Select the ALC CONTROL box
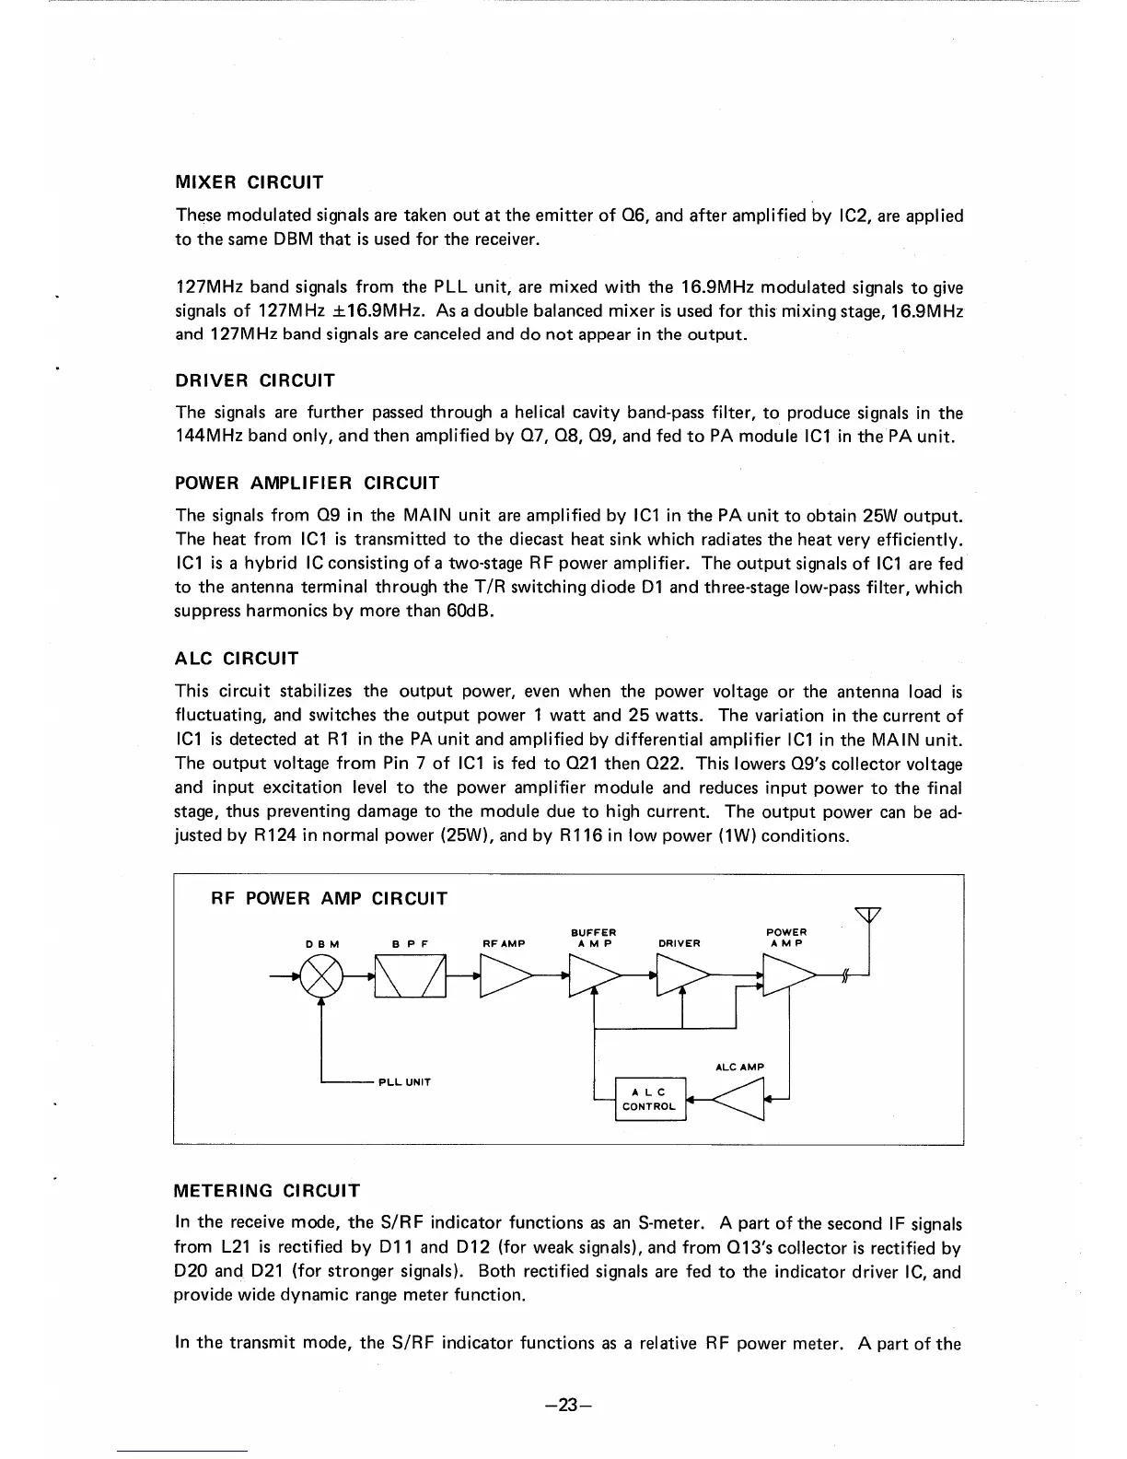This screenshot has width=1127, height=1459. click(650, 1099)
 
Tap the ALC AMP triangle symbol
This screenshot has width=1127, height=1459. click(740, 1097)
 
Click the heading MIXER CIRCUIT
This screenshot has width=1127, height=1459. click(249, 181)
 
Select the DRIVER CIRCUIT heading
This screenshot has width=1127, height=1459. click(254, 380)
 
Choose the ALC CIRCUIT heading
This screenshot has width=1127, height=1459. click(237, 659)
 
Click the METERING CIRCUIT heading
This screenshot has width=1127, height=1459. click(267, 1190)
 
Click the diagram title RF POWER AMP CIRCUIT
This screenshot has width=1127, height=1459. click(330, 898)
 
